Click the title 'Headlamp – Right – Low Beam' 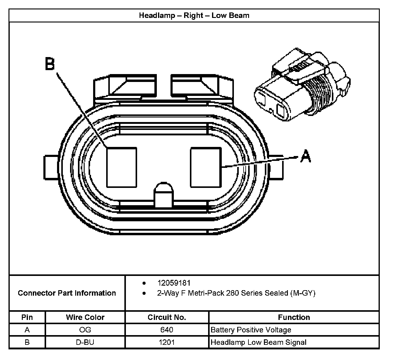pyautogui.click(x=194, y=15)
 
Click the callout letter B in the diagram pyautogui.click(x=50, y=64)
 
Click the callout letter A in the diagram pyautogui.click(x=305, y=157)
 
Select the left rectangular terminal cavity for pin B pyautogui.click(x=121, y=167)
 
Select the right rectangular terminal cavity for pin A pyautogui.click(x=206, y=167)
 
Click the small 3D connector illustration pyautogui.click(x=302, y=85)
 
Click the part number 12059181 pyautogui.click(x=174, y=283)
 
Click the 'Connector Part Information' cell pyautogui.click(x=67, y=293)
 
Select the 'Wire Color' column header pyautogui.click(x=85, y=317)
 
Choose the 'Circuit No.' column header pyautogui.click(x=167, y=317)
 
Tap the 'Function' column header pyautogui.click(x=294, y=317)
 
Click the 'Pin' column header pyautogui.click(x=27, y=317)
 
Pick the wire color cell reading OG pyautogui.click(x=85, y=330)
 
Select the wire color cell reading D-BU pyautogui.click(x=85, y=342)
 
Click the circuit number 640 pyautogui.click(x=167, y=330)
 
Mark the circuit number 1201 pyautogui.click(x=167, y=342)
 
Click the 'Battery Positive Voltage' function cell pyautogui.click(x=251, y=330)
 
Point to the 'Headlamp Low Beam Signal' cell pyautogui.click(x=258, y=342)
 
